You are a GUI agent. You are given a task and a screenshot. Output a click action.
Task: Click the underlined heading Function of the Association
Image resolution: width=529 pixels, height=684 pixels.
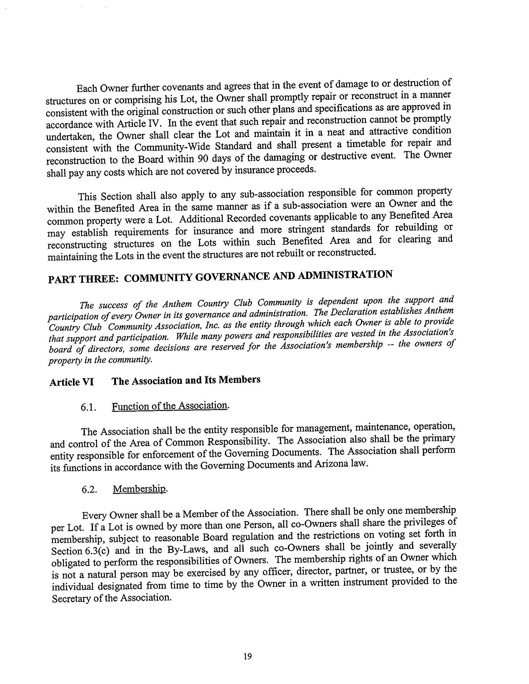tap(169, 406)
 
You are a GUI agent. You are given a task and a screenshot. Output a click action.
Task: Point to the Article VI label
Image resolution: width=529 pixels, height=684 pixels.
tap(72, 382)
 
